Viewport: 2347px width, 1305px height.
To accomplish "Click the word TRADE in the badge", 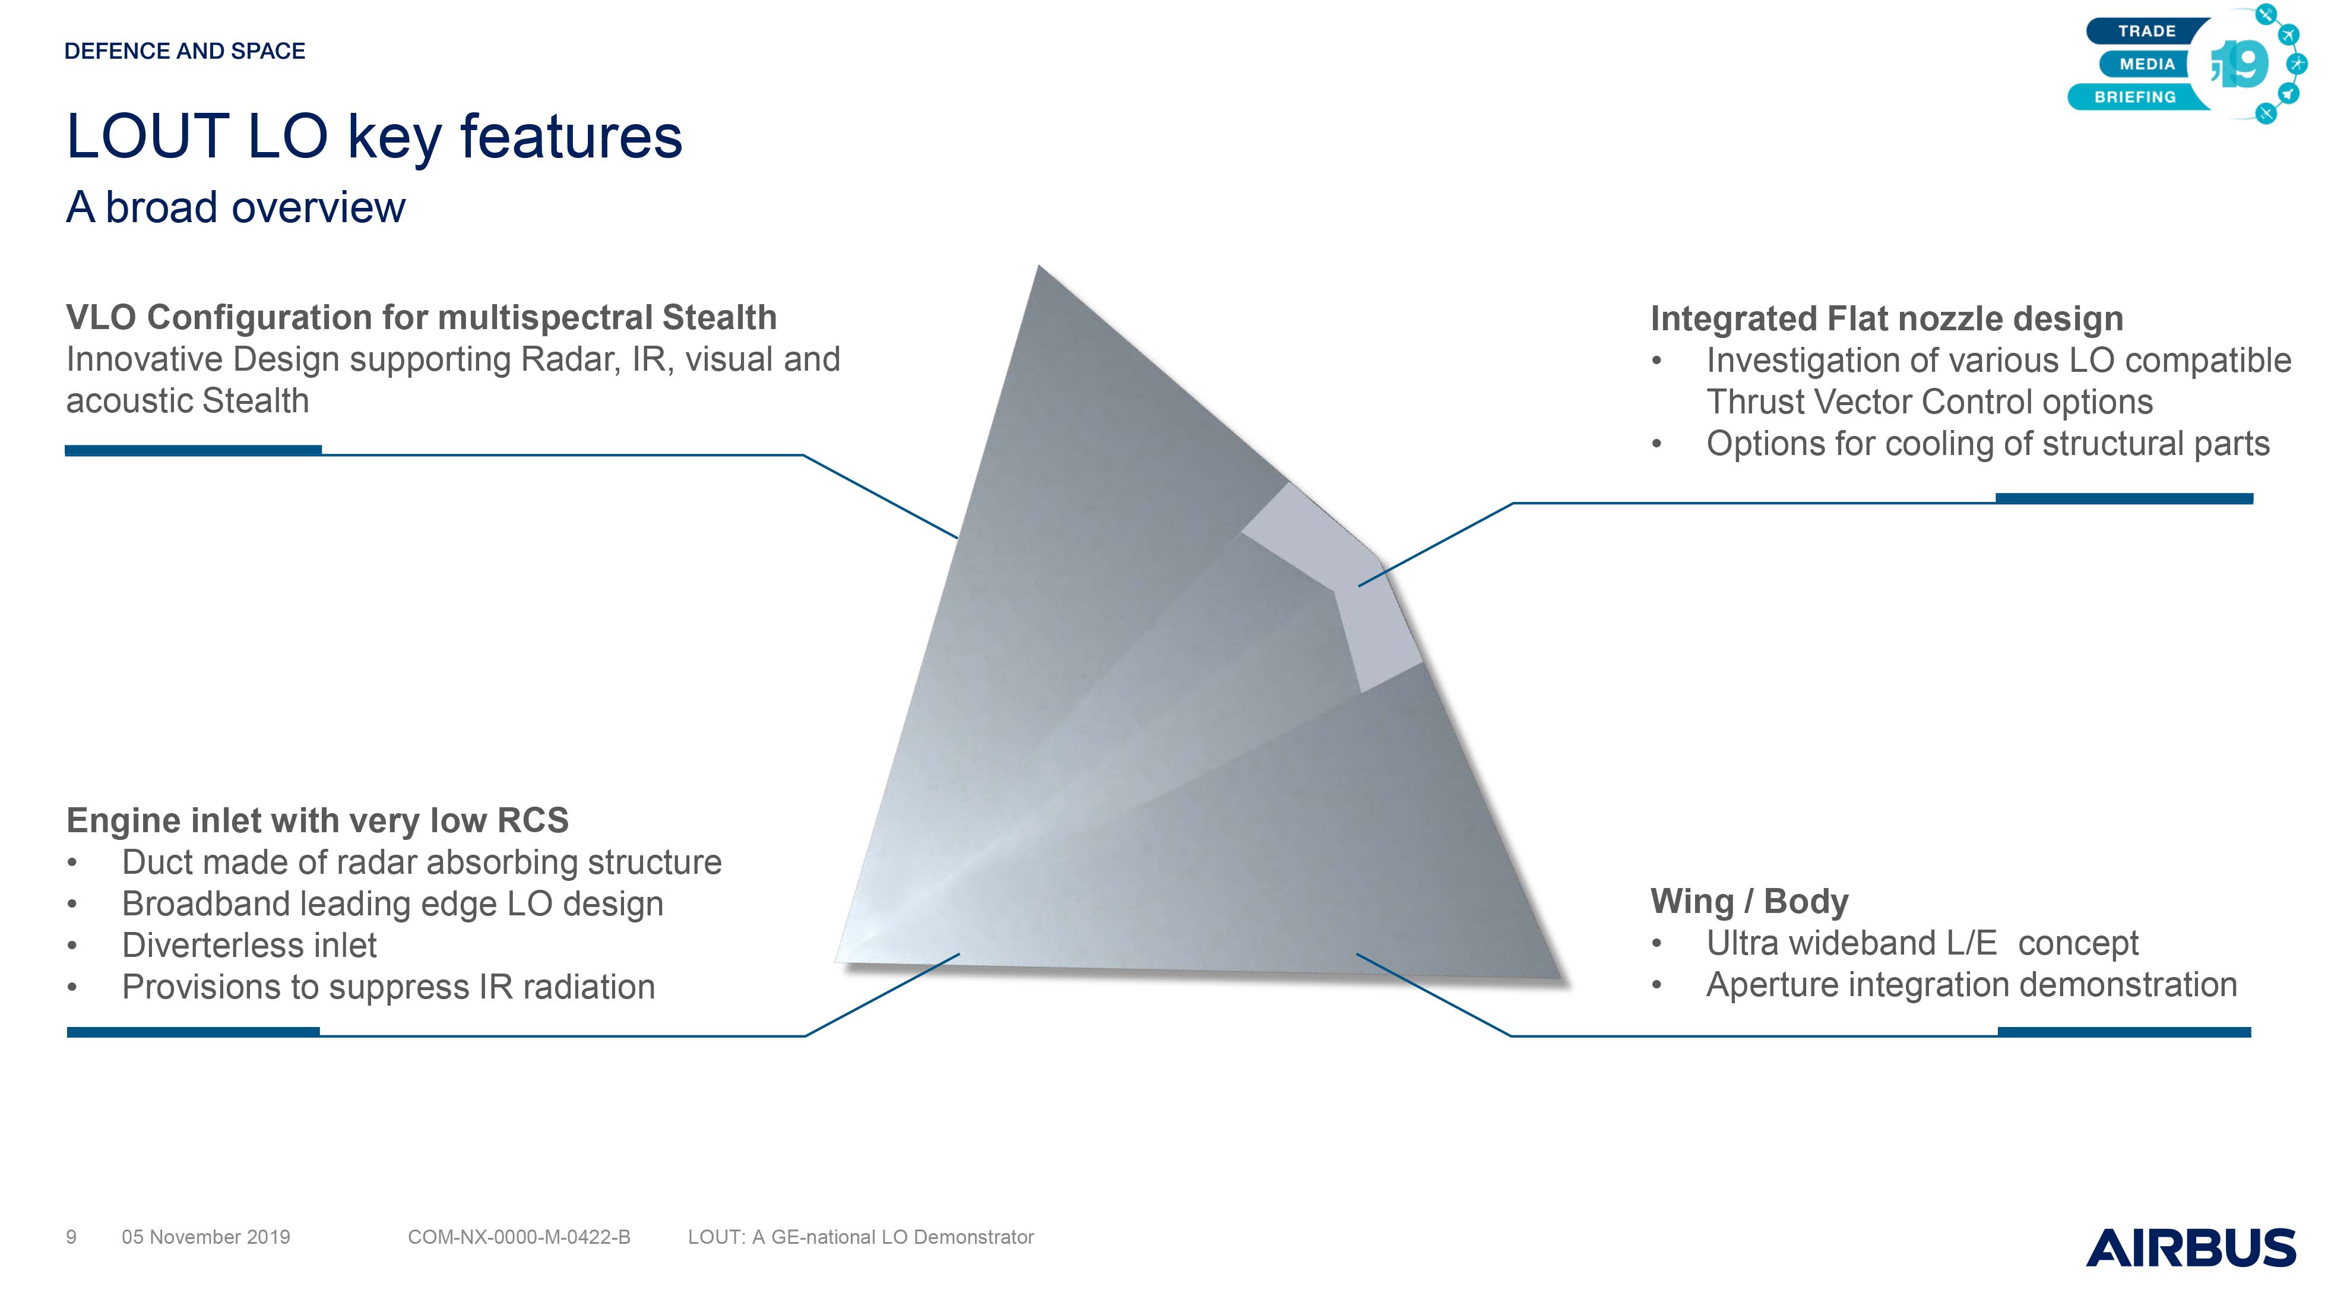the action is pyautogui.click(x=2146, y=31).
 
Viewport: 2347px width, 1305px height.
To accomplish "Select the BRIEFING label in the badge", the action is pyautogui.click(x=2134, y=97).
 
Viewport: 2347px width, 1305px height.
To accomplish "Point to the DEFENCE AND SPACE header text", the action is pyautogui.click(x=185, y=51).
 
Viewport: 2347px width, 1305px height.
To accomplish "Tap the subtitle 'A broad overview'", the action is pyautogui.click(x=235, y=208).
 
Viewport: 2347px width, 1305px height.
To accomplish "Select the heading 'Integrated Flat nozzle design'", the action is pyautogui.click(x=1887, y=319).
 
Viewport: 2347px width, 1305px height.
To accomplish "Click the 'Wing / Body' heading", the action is pyautogui.click(x=1749, y=901).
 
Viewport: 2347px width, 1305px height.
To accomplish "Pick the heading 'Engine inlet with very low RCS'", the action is pyautogui.click(x=317, y=820).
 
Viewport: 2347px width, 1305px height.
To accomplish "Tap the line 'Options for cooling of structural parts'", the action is pyautogui.click(x=1987, y=444).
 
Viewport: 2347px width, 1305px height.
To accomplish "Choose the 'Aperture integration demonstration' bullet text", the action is pyautogui.click(x=1972, y=985).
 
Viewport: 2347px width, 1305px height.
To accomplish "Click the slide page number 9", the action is pyautogui.click(x=71, y=1237).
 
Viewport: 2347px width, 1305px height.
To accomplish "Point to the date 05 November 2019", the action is pyautogui.click(x=206, y=1237).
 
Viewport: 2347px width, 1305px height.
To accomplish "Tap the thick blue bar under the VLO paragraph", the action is pyautogui.click(x=193, y=450).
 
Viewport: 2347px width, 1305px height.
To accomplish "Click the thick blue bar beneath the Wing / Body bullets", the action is pyautogui.click(x=2124, y=1032).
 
